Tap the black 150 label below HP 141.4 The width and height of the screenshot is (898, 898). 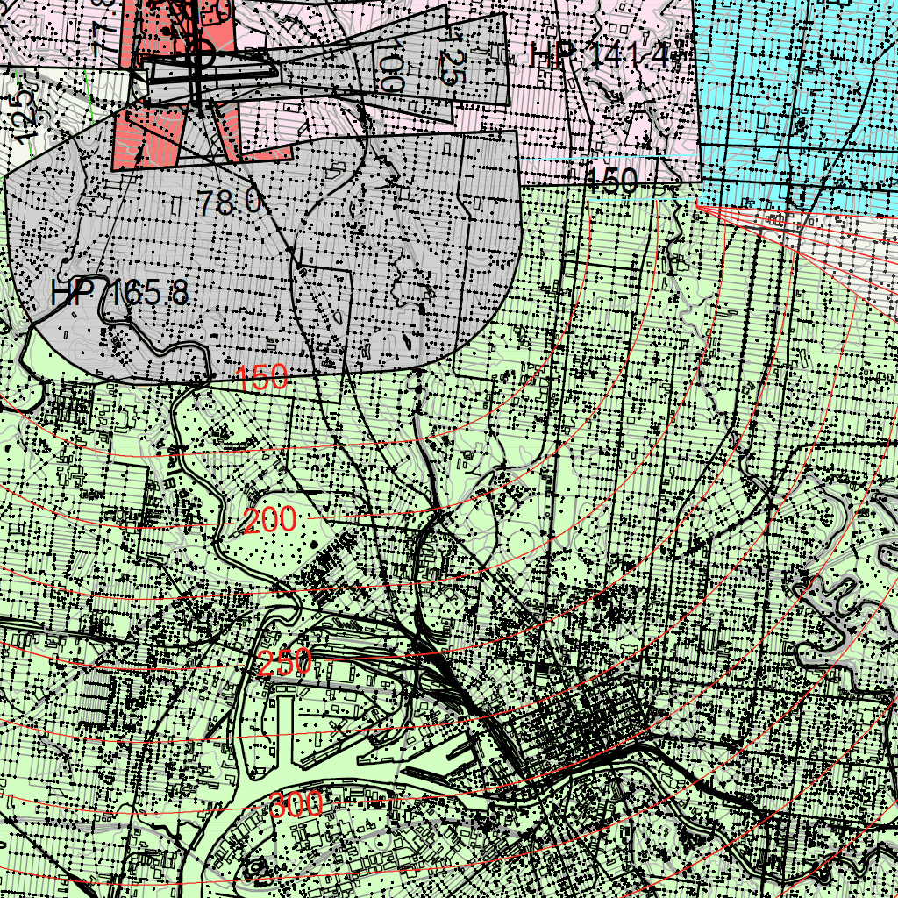pyautogui.click(x=611, y=182)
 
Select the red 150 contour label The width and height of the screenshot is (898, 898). pyautogui.click(x=262, y=378)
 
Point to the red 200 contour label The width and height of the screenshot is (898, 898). pyautogui.click(x=269, y=522)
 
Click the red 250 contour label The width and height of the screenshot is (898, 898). pyautogui.click(x=285, y=662)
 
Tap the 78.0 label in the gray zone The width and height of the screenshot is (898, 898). pyautogui.click(x=229, y=203)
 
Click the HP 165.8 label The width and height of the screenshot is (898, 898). pyautogui.click(x=119, y=292)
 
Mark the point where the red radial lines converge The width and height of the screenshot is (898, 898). pyautogui.click(x=695, y=205)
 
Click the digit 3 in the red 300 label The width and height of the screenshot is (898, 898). pyautogui.click(x=278, y=804)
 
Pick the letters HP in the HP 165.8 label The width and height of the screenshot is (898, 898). pyautogui.click(x=72, y=292)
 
